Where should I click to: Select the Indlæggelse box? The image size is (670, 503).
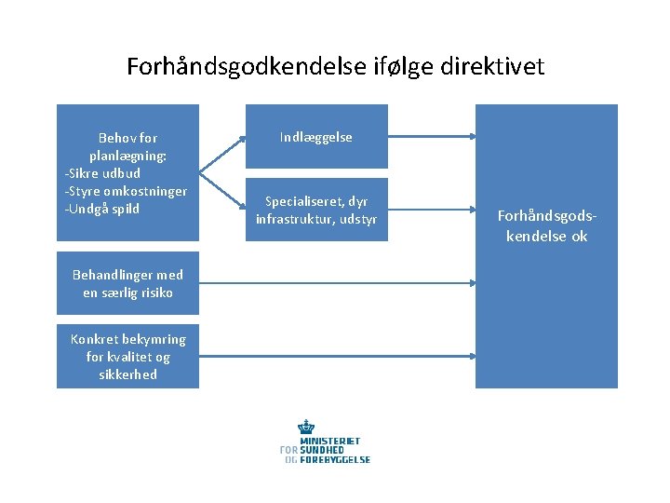(316, 137)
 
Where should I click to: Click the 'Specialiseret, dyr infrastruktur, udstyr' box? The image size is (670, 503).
(316, 210)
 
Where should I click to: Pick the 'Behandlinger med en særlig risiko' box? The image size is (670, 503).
(127, 283)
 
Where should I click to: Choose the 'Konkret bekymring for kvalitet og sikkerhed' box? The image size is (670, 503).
(127, 357)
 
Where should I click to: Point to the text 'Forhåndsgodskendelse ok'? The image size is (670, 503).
(546, 225)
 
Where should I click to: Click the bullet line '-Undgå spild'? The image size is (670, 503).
(102, 209)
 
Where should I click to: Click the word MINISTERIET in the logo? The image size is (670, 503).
(329, 441)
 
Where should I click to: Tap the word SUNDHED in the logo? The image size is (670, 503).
(322, 450)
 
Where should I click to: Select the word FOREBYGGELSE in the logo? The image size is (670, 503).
(335, 459)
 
